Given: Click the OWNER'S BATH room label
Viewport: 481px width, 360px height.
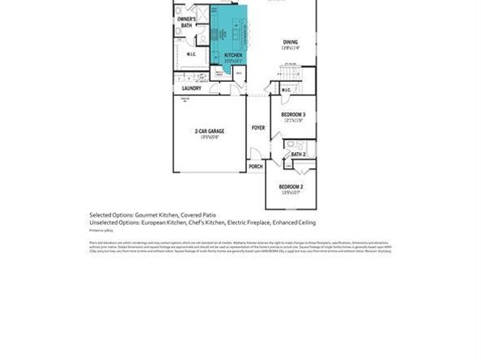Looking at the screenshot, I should point(185,22).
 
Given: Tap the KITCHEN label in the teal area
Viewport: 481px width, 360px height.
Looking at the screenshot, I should point(222,55).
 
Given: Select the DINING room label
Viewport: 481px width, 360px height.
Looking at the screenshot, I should point(291,42).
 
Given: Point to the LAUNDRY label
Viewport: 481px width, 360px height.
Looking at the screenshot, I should point(191,88).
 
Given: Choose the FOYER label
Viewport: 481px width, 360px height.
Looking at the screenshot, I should point(258,128).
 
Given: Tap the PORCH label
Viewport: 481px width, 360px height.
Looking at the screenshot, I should point(255,167).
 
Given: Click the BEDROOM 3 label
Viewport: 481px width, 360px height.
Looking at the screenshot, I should point(292,115).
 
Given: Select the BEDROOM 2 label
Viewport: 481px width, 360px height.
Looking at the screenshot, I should point(292,187).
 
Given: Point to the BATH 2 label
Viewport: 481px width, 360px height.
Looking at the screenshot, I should point(297,154).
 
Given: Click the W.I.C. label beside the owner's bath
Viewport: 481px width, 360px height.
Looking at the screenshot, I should point(191,55).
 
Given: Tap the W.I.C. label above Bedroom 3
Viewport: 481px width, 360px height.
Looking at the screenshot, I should point(286,89).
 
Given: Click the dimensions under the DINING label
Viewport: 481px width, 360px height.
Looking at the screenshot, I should point(291,49).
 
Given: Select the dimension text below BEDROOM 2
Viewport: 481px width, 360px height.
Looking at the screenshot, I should point(292,193).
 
